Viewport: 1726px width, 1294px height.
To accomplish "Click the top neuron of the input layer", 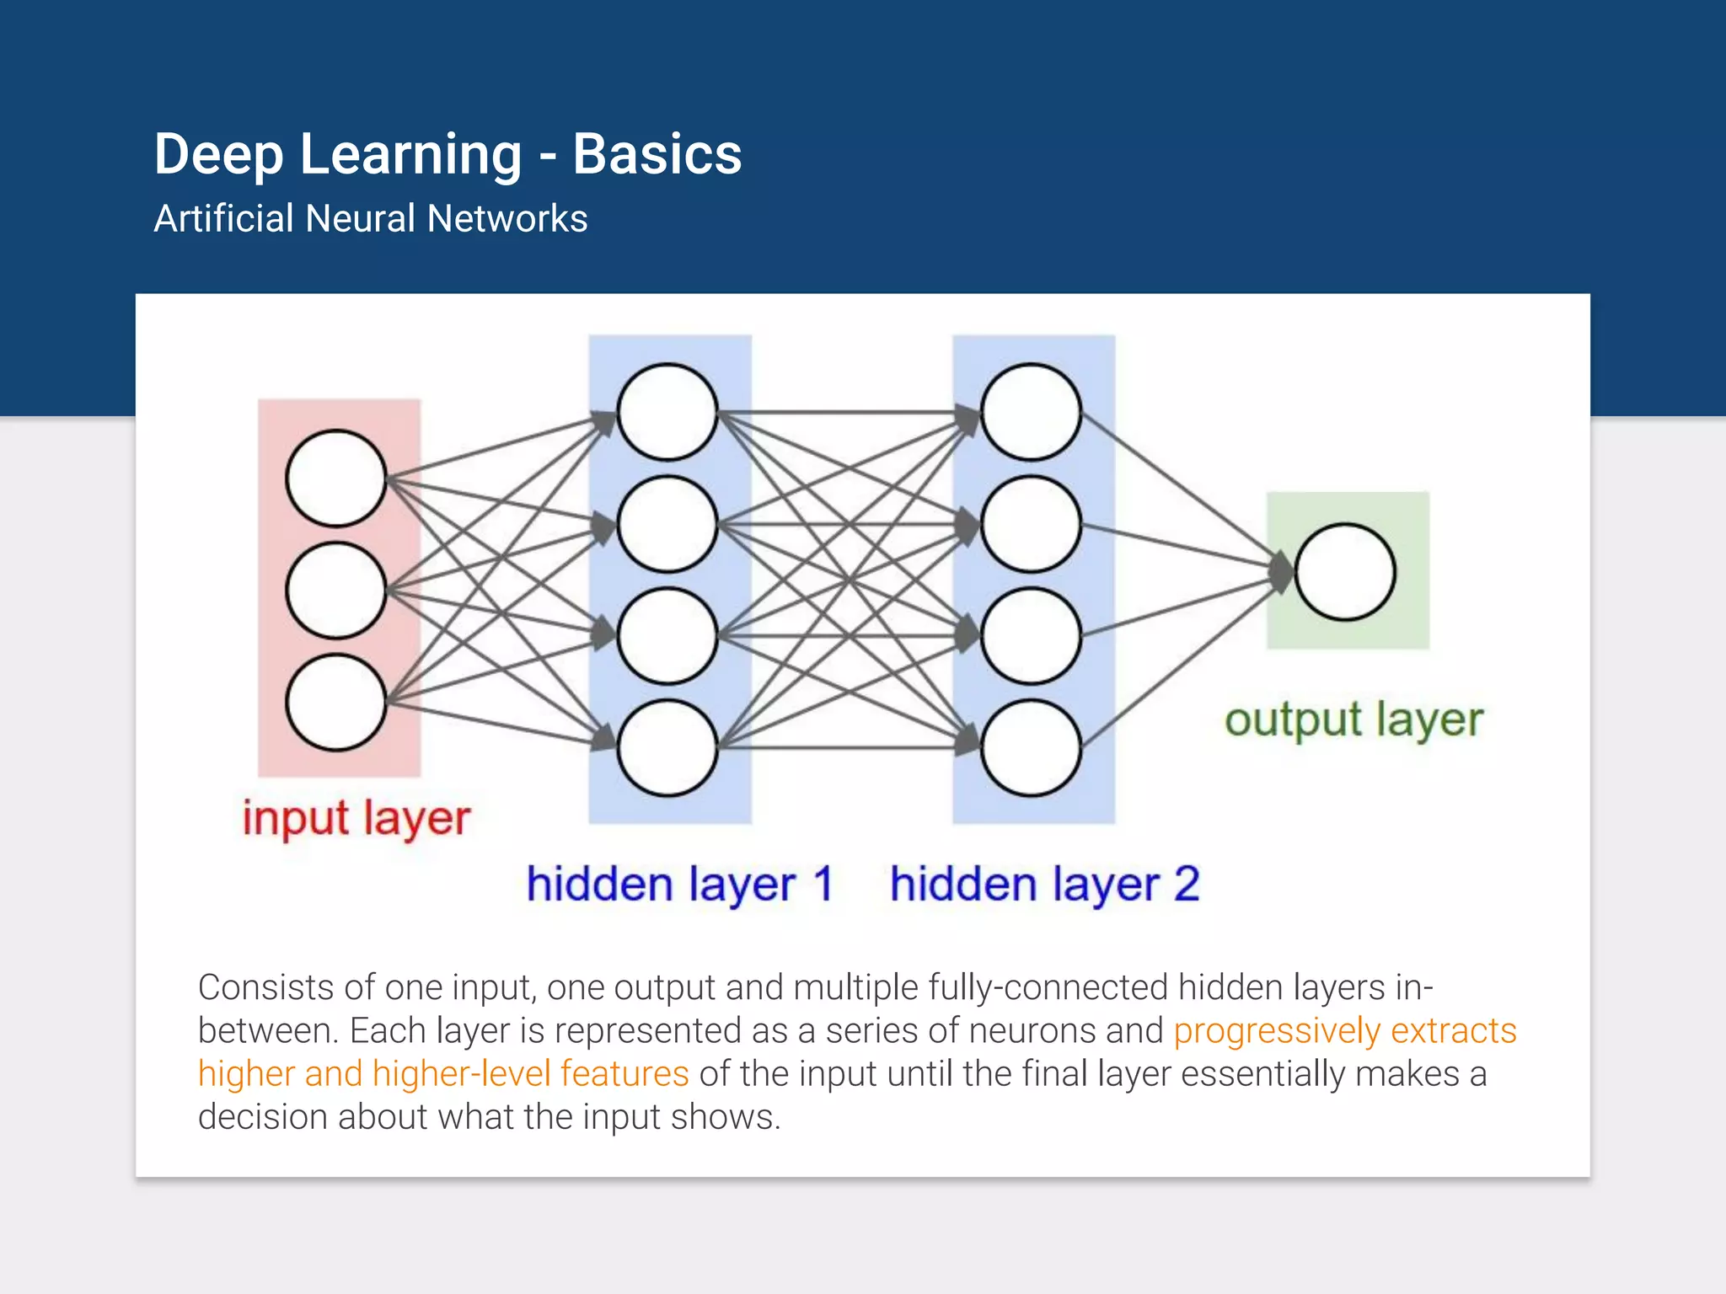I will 336,479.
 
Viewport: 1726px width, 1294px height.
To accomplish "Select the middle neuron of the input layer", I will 336,591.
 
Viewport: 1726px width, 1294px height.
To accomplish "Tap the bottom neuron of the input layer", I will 336,703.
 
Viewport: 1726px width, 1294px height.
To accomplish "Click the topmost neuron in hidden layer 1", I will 667,412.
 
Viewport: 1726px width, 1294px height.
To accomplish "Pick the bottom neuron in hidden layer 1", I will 667,748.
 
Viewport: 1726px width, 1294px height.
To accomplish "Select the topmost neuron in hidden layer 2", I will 1031,412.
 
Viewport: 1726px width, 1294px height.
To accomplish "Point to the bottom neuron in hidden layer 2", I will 1031,748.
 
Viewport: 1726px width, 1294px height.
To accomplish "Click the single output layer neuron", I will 1345,572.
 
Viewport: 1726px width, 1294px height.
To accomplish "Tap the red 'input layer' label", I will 356,818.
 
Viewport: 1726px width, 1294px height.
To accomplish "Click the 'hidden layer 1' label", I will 679,885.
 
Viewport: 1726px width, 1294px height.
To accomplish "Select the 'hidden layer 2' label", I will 1044,885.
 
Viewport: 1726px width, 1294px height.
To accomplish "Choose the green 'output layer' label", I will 1353,720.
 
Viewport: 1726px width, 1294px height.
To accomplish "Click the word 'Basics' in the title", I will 657,154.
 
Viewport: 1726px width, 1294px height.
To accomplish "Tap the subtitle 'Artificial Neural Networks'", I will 370,218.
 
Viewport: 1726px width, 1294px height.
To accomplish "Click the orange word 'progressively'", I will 1276,1031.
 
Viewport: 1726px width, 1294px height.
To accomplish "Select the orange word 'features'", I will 624,1074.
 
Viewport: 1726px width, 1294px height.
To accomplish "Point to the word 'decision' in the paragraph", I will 262,1117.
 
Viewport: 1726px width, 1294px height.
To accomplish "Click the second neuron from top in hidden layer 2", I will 1031,524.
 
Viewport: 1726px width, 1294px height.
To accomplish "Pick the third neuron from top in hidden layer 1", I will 667,636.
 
